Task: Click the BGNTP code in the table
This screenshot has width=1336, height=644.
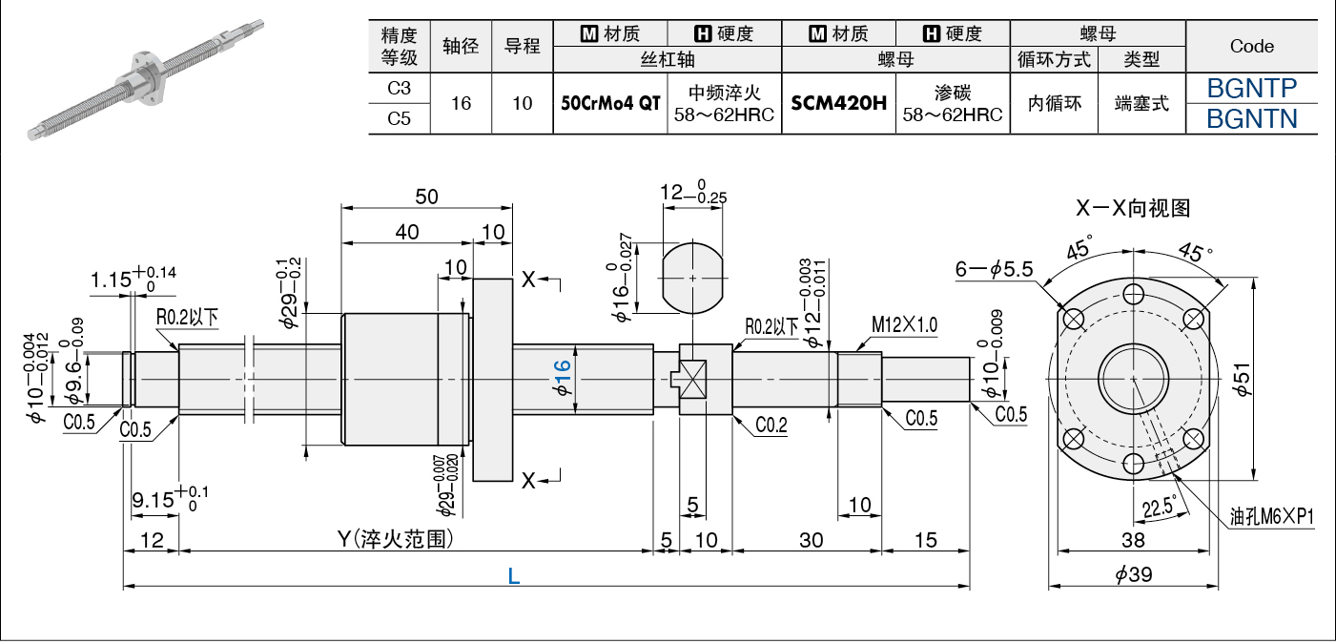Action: (1251, 89)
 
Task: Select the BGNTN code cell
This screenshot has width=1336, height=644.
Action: (1251, 118)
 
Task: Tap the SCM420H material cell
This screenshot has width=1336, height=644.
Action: (838, 103)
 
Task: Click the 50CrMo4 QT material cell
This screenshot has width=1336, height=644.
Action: (610, 103)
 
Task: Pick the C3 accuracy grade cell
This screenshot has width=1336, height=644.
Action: (399, 89)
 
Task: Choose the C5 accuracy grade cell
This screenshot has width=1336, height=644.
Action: (399, 118)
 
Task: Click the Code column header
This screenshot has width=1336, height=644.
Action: (1251, 46)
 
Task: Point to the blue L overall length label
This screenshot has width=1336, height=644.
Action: (514, 576)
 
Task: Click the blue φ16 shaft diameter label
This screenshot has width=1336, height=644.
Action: (562, 379)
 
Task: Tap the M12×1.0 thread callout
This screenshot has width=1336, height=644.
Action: (904, 325)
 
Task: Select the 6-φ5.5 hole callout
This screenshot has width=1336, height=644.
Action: (994, 269)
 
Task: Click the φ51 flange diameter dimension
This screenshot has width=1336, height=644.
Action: (1242, 380)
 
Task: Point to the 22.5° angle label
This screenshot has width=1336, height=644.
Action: (1159, 508)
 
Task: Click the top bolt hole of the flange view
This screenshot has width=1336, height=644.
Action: (1133, 294)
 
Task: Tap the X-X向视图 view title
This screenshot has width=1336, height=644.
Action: (1133, 208)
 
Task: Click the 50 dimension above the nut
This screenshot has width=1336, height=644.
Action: (426, 197)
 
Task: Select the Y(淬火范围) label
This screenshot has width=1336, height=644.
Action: (396, 539)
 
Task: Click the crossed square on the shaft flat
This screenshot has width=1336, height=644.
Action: (693, 379)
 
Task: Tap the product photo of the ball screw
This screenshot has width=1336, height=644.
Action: (146, 80)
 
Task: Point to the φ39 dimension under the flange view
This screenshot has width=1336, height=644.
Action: (1133, 574)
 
